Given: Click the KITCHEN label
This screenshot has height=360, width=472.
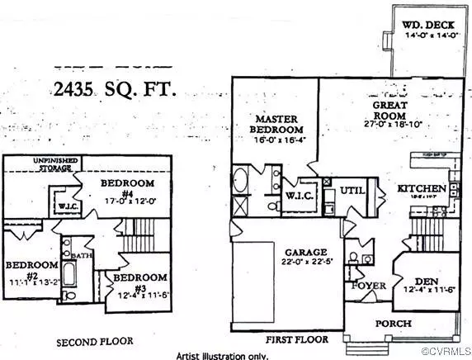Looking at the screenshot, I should pyautogui.click(x=422, y=188).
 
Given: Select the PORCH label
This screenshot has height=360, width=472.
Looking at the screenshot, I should pyautogui.click(x=393, y=323).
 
